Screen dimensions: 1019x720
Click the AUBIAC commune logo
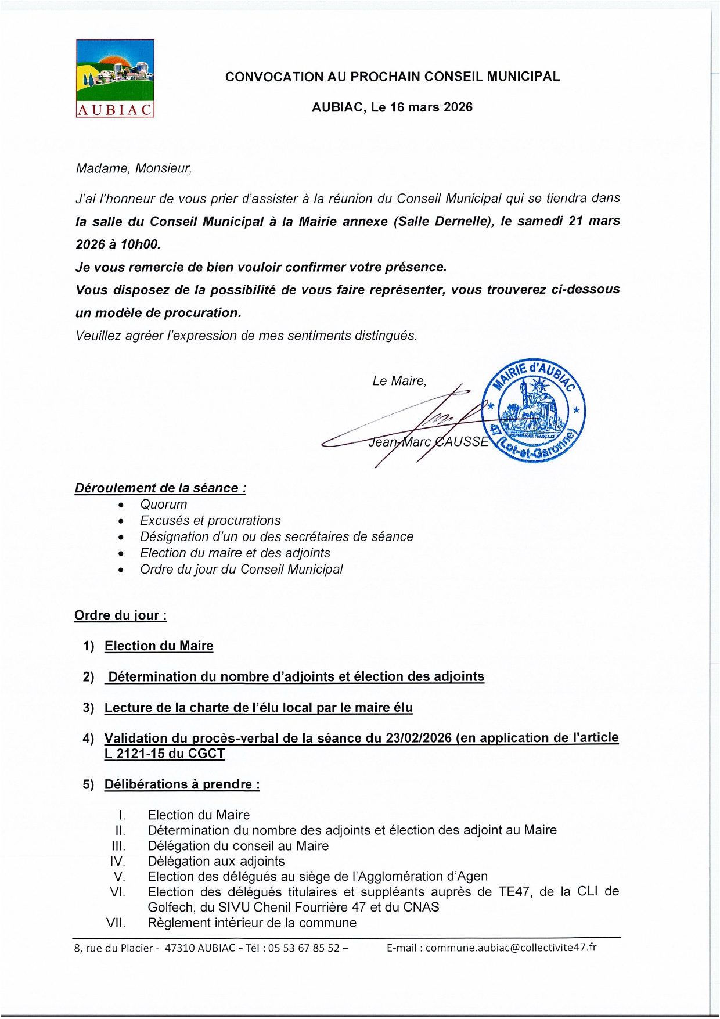pyautogui.click(x=115, y=78)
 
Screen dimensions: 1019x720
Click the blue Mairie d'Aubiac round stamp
pyautogui.click(x=534, y=410)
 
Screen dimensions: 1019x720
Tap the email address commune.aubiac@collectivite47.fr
pyautogui.click(x=511, y=947)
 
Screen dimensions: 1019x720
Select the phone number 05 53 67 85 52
pyautogui.click(x=304, y=948)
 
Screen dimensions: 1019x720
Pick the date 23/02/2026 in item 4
pyautogui.click(x=419, y=738)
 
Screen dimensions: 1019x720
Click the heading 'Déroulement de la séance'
pyautogui.click(x=160, y=488)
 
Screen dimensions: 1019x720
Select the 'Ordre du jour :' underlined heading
pyautogui.click(x=121, y=615)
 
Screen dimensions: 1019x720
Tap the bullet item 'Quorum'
pyautogui.click(x=164, y=505)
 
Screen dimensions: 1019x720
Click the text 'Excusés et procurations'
pyautogui.click(x=210, y=521)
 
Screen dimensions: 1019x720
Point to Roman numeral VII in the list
pyautogui.click(x=116, y=923)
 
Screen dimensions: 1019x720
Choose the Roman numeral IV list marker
pyautogui.click(x=117, y=861)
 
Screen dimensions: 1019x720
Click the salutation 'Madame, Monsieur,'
pyautogui.click(x=134, y=168)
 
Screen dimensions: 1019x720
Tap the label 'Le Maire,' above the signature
pyautogui.click(x=399, y=381)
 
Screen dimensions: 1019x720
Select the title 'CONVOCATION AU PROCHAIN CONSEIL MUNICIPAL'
pyautogui.click(x=393, y=77)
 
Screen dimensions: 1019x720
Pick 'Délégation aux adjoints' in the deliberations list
pyautogui.click(x=216, y=861)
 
